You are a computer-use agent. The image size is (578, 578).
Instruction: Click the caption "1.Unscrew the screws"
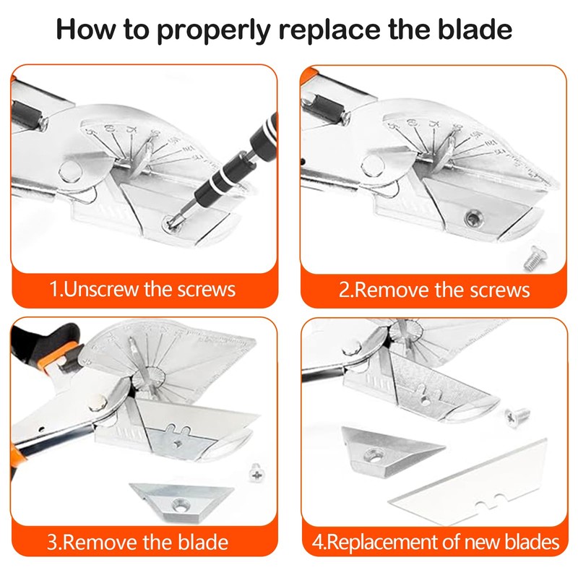click(142, 290)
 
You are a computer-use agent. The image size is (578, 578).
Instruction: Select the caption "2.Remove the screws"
click(434, 290)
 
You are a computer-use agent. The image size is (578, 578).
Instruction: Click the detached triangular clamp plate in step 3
click(181, 500)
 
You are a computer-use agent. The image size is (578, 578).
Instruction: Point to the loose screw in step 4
click(517, 414)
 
